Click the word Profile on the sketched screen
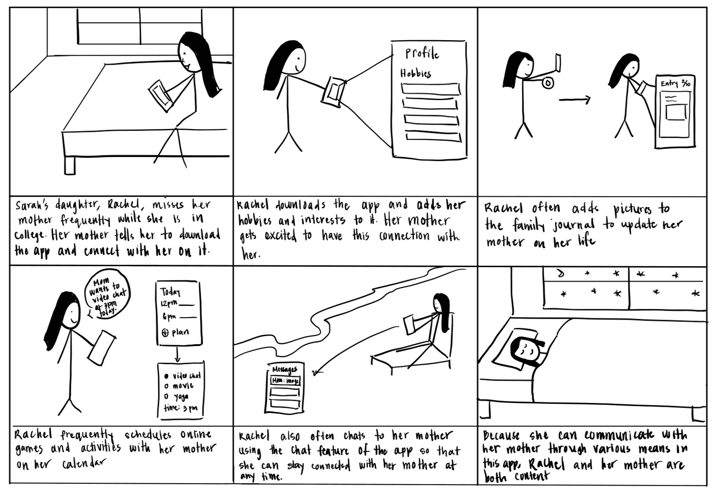pos(422,53)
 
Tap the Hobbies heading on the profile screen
pos(416,73)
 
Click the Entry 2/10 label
pos(676,83)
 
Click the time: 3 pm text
pos(180,408)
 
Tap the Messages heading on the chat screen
pos(284,369)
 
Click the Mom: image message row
pos(285,381)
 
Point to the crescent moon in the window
pos(560,274)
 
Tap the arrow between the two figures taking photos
pos(574,100)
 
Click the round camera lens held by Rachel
pos(548,83)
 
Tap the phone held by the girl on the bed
pos(160,95)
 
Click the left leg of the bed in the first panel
pos(69,165)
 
